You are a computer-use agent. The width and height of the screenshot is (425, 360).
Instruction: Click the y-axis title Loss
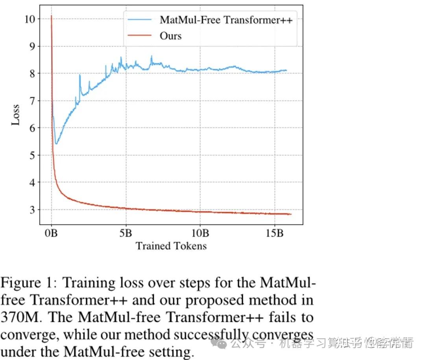(x=15, y=115)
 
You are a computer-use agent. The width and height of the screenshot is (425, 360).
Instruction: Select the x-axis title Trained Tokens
(x=171, y=246)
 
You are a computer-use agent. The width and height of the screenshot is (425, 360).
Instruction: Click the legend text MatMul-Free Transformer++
(x=226, y=20)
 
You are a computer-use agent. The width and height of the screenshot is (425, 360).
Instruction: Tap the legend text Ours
(x=170, y=36)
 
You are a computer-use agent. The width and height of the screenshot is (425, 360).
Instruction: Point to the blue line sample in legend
(x=138, y=20)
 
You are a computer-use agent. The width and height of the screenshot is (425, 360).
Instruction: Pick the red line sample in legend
(x=138, y=36)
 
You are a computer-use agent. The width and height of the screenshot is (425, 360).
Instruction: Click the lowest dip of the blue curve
(x=56, y=144)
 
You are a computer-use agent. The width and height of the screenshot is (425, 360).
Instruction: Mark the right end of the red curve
(x=291, y=214)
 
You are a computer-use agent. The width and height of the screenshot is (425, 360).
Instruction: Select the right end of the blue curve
(x=286, y=71)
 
